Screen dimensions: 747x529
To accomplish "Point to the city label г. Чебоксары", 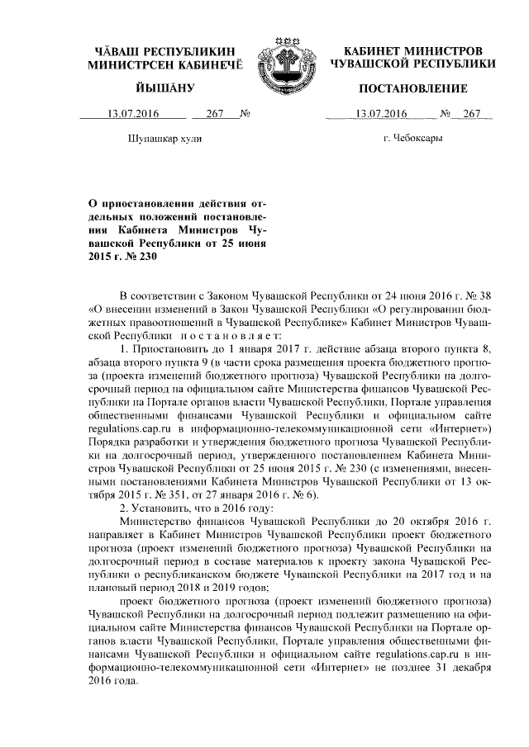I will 413,139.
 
